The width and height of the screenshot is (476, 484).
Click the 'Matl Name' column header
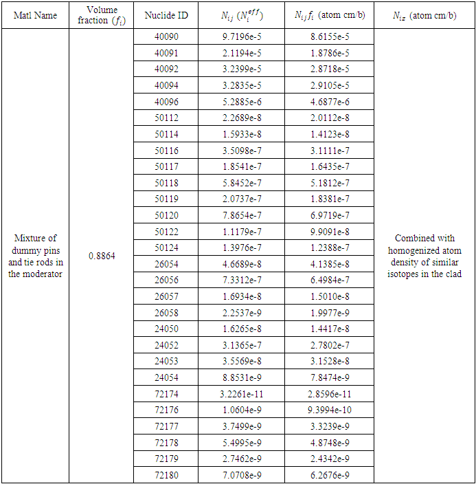(x=35, y=15)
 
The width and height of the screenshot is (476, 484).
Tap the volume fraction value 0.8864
(x=102, y=256)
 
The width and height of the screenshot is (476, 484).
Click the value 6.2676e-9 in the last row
(x=329, y=474)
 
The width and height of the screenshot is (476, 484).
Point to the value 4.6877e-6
(x=329, y=102)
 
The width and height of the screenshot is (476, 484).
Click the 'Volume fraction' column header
(x=102, y=15)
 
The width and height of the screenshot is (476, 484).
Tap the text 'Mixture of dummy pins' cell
(x=35, y=256)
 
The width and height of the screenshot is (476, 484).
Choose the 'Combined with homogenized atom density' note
(x=424, y=256)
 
